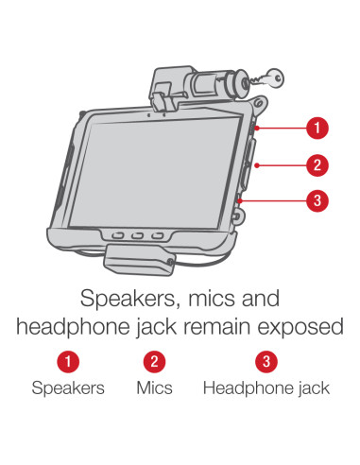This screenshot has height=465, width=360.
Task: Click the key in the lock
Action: click(267, 78)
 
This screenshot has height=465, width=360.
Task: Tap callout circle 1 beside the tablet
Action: click(317, 128)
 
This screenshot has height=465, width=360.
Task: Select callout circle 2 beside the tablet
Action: click(317, 165)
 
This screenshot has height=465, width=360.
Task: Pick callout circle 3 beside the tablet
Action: click(317, 200)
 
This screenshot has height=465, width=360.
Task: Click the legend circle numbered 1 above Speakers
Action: click(68, 361)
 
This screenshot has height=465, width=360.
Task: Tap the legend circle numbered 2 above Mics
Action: click(154, 361)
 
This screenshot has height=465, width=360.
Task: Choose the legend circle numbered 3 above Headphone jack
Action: click(266, 361)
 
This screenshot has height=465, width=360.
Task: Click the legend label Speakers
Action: click(68, 387)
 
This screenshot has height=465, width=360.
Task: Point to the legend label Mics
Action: click(154, 387)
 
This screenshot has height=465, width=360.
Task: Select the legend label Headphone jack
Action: click(266, 388)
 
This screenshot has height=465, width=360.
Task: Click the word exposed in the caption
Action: click(300, 328)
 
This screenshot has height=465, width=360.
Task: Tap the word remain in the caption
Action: click(218, 326)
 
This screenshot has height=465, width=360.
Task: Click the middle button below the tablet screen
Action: click(137, 235)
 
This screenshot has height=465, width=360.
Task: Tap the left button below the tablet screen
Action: click(117, 235)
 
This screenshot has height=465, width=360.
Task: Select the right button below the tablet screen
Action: click(157, 236)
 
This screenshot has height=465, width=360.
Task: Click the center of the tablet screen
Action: click(155, 173)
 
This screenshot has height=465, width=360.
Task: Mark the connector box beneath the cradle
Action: click(139, 260)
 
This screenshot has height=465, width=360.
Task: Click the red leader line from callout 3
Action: click(273, 200)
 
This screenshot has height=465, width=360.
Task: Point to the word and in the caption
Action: click(261, 298)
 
